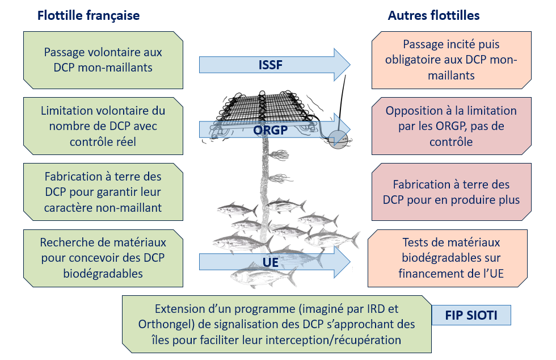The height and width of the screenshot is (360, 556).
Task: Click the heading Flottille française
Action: coord(89,15)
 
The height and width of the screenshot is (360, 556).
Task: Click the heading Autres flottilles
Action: coord(433,15)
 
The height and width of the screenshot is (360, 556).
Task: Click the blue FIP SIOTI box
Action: coord(471,315)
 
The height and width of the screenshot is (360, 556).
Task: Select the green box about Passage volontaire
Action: coord(103,60)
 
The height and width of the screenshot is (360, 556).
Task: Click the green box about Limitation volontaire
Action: coord(103,125)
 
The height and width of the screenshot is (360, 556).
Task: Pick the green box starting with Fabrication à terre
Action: coord(103,192)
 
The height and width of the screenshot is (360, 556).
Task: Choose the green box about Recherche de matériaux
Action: coord(103,258)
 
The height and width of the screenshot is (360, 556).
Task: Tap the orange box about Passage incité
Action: coord(452,60)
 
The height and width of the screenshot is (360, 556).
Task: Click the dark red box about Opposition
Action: coord(452,126)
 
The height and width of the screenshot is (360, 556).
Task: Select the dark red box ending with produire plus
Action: coord(452,192)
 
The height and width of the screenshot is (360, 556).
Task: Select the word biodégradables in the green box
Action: coord(103,274)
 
